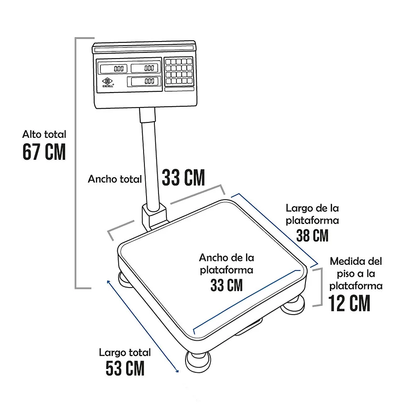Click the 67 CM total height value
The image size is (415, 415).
pyautogui.click(x=44, y=151)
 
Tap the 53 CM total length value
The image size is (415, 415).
pyautogui.click(x=125, y=368)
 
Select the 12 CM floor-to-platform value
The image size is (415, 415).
pyautogui.click(x=349, y=303)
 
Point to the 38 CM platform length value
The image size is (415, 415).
pyautogui.click(x=312, y=235)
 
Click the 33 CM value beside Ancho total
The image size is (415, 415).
pyautogui.click(x=183, y=177)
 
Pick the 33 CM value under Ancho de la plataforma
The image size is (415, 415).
pyautogui.click(x=227, y=285)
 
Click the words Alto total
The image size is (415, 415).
pyautogui.click(x=44, y=134)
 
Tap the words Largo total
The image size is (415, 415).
pyautogui.click(x=125, y=352)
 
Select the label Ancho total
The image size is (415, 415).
pyautogui.click(x=115, y=179)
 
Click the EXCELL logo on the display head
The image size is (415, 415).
pyautogui.click(x=108, y=82)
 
